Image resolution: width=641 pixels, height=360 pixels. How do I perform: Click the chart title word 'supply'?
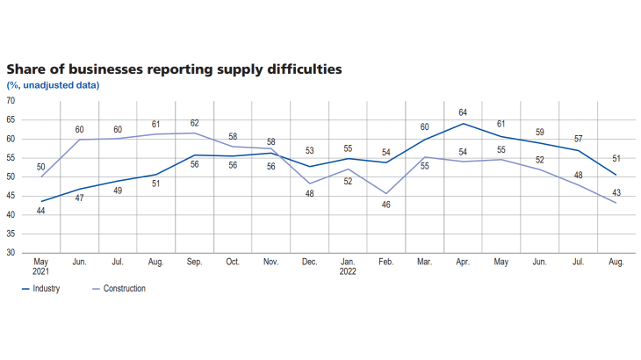pyautogui.click(x=227, y=68)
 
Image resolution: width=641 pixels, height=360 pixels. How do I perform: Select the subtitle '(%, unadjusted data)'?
pyautogui.click(x=53, y=84)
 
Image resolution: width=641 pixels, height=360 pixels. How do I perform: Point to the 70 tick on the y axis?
pyautogui.click(x=11, y=101)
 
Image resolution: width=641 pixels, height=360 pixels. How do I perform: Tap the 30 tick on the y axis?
pyautogui.click(x=11, y=252)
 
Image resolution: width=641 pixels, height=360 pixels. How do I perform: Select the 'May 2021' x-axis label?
pyautogui.click(x=41, y=267)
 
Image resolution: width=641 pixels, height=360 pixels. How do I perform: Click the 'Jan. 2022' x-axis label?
pyautogui.click(x=349, y=267)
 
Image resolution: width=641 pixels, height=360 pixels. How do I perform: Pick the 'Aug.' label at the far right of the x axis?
pyautogui.click(x=616, y=262)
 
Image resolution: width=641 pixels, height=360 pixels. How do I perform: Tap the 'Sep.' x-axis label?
pyautogui.click(x=195, y=262)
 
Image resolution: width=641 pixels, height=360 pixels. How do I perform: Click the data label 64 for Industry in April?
pyautogui.click(x=464, y=112)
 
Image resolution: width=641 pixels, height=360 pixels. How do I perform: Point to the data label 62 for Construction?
pyautogui.click(x=195, y=123)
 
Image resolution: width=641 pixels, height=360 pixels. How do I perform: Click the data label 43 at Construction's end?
pyautogui.click(x=616, y=192)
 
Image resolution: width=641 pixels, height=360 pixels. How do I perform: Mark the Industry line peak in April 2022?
pyautogui.click(x=464, y=123)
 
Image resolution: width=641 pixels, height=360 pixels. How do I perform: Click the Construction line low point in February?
pyautogui.click(x=386, y=193)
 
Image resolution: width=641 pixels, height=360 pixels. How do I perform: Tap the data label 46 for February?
pyautogui.click(x=386, y=205)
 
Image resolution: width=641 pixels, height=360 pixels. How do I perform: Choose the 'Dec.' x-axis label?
pyautogui.click(x=310, y=262)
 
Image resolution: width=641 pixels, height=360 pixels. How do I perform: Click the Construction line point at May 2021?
pyautogui.click(x=41, y=176)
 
